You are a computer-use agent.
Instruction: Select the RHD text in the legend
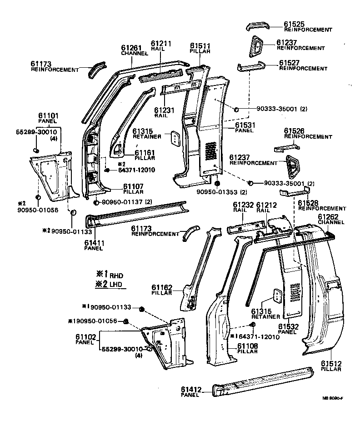coord(115,276)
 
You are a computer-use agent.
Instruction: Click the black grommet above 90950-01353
coord(217,183)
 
